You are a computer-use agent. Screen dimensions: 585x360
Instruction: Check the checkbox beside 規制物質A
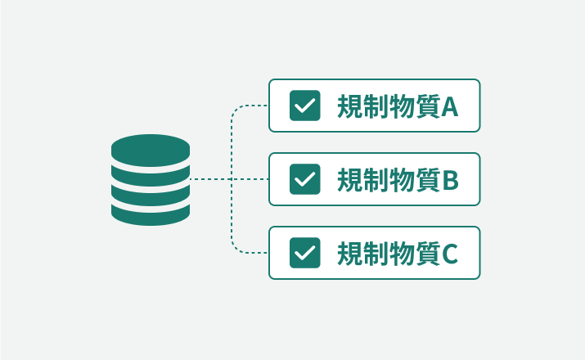coord(304,106)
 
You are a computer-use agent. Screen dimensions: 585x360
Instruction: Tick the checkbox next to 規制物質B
coord(304,179)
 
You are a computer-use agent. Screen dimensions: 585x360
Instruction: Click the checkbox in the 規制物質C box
coord(304,253)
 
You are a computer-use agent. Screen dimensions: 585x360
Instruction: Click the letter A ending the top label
coord(450,106)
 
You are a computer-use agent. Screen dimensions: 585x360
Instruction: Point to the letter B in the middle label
coord(451,180)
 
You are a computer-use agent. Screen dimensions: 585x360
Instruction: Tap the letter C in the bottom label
coord(450,254)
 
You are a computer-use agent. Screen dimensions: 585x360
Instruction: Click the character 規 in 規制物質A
coord(350,106)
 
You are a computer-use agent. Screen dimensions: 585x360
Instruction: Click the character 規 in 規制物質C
coord(350,254)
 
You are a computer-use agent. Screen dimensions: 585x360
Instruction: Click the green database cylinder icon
coord(151,180)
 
